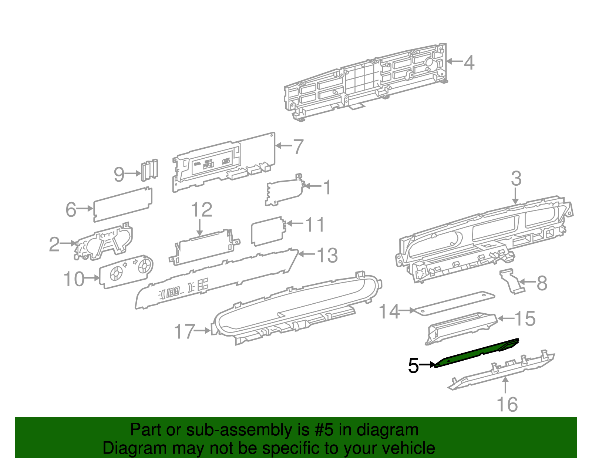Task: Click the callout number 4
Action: click(x=469, y=63)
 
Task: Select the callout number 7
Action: click(x=298, y=146)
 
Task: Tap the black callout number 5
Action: click(x=413, y=366)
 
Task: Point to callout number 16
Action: click(x=507, y=404)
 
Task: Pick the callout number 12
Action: click(x=202, y=210)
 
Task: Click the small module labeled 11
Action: click(x=267, y=231)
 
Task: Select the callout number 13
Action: click(x=327, y=255)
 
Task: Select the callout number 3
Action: click(x=516, y=179)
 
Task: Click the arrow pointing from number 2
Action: click(x=68, y=243)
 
